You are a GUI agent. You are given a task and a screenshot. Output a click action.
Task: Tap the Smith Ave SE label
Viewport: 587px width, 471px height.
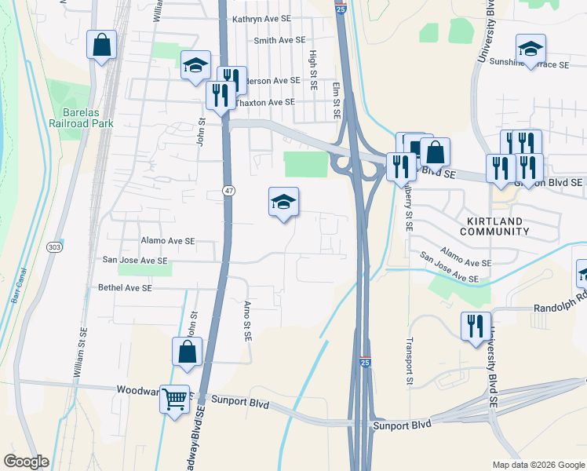(279, 40)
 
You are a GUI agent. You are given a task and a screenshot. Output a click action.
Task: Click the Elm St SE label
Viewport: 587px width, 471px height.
(337, 101)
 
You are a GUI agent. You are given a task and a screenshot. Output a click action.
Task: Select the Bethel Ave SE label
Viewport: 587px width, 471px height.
(125, 288)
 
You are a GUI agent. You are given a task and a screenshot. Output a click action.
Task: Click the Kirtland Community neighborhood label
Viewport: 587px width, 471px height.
(494, 225)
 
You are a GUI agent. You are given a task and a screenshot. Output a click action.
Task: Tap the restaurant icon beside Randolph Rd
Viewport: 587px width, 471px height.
(475, 326)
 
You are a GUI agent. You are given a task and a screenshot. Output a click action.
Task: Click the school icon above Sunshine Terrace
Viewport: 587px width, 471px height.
(530, 49)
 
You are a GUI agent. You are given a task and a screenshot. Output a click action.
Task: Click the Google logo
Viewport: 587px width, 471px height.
(27, 462)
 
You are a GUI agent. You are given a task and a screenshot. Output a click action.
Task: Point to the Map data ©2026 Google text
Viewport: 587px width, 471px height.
(538, 465)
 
